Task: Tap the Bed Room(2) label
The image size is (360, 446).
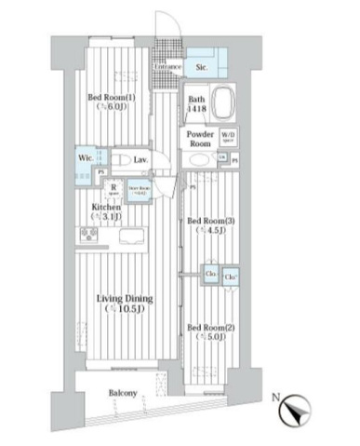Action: [207, 328]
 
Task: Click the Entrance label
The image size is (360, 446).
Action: [167, 67]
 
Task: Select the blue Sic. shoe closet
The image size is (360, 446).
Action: [201, 66]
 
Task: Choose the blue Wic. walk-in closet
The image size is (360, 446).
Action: [84, 158]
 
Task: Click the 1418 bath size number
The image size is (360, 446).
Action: [196, 110]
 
